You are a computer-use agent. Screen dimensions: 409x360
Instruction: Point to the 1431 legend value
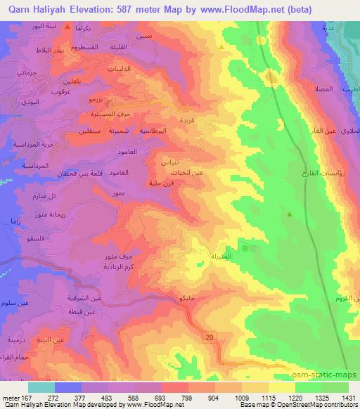pos(349,397)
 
